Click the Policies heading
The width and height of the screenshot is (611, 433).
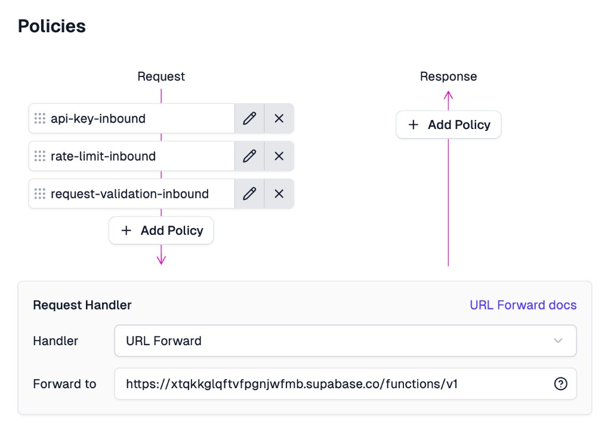pyautogui.click(x=52, y=26)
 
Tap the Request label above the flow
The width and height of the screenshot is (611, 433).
pyautogui.click(x=161, y=76)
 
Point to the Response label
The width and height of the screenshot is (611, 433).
pyautogui.click(x=448, y=76)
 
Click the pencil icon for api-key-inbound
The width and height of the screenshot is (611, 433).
pyautogui.click(x=249, y=118)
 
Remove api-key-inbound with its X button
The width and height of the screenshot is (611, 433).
pyautogui.click(x=279, y=118)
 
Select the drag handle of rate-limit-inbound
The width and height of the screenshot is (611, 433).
pyautogui.click(x=40, y=156)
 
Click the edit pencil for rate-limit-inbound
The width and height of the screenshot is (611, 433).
pyautogui.click(x=249, y=156)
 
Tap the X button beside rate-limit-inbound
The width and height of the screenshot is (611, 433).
pyautogui.click(x=279, y=156)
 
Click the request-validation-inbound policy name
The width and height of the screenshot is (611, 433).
pyautogui.click(x=129, y=194)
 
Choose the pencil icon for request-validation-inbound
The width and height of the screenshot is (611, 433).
pyautogui.click(x=249, y=194)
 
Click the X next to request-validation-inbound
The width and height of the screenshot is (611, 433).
pyautogui.click(x=279, y=194)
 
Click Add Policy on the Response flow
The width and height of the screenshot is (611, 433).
pyautogui.click(x=449, y=125)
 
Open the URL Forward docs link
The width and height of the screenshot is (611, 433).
pyautogui.click(x=523, y=305)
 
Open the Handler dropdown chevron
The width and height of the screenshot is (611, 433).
pyautogui.click(x=558, y=340)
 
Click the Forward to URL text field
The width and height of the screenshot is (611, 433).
pyautogui.click(x=334, y=384)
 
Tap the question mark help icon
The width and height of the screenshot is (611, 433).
pyautogui.click(x=560, y=384)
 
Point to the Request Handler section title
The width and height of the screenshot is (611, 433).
pyautogui.click(x=82, y=305)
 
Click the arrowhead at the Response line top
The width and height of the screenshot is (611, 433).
pyautogui.click(x=449, y=94)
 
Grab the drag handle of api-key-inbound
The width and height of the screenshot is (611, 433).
pyautogui.click(x=40, y=118)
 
